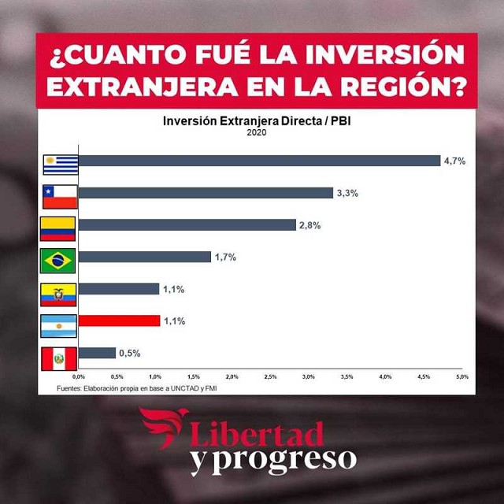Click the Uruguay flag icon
[x=61, y=164]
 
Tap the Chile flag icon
[x=60, y=196]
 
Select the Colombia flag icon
[x=57, y=228]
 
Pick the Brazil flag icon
[x=57, y=259]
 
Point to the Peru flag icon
[x=59, y=359]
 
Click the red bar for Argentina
[x=119, y=321]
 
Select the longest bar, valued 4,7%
[x=259, y=161]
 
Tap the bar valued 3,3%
[x=206, y=193]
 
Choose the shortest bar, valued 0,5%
[x=97, y=353]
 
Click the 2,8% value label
[x=309, y=225]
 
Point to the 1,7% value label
[x=225, y=257]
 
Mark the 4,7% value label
[x=455, y=161]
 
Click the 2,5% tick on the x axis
[x=270, y=377]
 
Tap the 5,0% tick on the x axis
[x=462, y=377]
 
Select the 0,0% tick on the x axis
[x=79, y=377]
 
